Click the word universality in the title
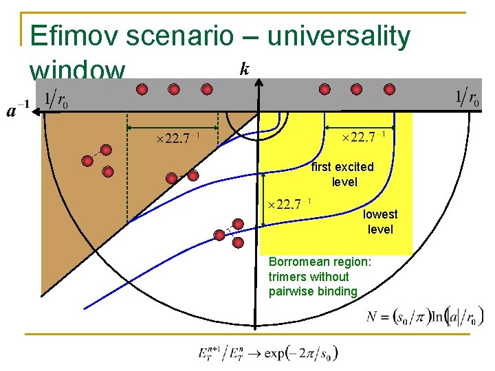pyautogui.click(x=338, y=36)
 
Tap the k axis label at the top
pyautogui.click(x=244, y=68)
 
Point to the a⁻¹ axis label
pyautogui.click(x=18, y=109)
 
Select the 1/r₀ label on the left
pyautogui.click(x=56, y=100)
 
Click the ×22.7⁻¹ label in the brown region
pyautogui.click(x=178, y=139)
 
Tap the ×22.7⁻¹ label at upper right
pyautogui.click(x=364, y=138)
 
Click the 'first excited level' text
pyautogui.click(x=342, y=174)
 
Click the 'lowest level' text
pyautogui.click(x=380, y=221)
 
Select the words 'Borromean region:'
pyautogui.click(x=320, y=262)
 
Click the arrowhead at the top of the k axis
pyautogui.click(x=259, y=80)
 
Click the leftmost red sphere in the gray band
pyautogui.click(x=142, y=89)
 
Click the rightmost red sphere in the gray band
pyautogui.click(x=388, y=89)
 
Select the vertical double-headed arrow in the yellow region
pyautogui.click(x=264, y=200)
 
